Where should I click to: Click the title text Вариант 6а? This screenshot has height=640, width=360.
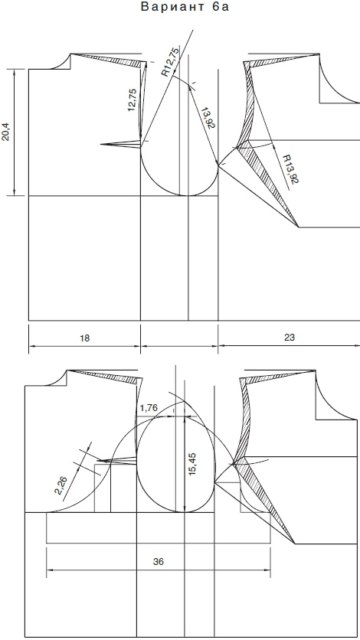click(x=185, y=8)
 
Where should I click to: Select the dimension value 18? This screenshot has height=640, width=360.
click(x=84, y=338)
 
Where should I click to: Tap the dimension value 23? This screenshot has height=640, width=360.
click(x=290, y=338)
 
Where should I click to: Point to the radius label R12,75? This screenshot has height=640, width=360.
click(x=170, y=62)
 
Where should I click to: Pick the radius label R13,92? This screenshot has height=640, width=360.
click(x=291, y=168)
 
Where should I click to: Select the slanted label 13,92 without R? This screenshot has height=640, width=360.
click(x=207, y=119)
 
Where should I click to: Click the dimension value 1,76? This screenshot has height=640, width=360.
click(x=149, y=407)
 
